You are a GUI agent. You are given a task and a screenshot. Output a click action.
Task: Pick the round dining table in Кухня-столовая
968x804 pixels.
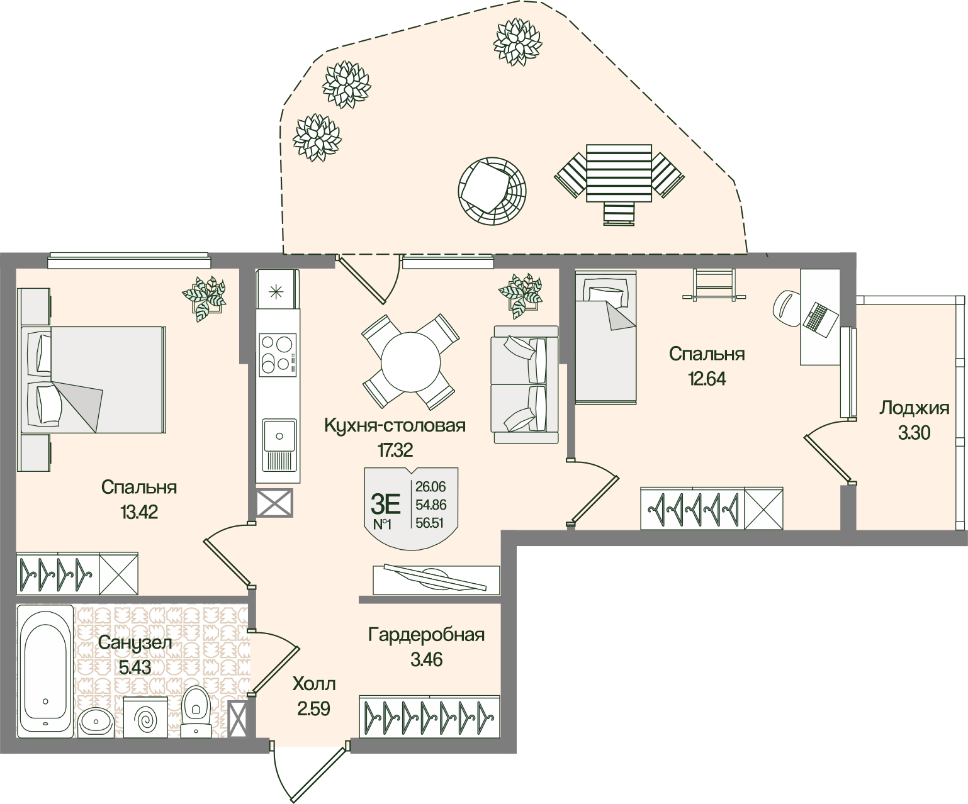point(410,362)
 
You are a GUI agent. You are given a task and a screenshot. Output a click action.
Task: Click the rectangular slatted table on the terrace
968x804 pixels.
point(619,173)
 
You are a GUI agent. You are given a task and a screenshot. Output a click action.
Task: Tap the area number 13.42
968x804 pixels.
point(138,512)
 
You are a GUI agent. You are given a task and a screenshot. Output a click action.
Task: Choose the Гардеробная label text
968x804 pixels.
point(426,634)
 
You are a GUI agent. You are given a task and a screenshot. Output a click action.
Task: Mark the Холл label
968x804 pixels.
point(314,684)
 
